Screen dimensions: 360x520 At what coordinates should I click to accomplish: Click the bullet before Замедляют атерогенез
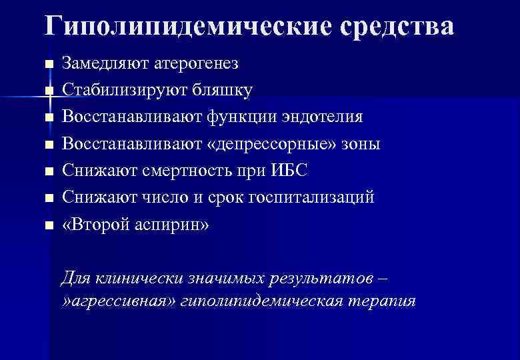[47, 65]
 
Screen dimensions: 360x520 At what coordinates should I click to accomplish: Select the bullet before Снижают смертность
[47, 171]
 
